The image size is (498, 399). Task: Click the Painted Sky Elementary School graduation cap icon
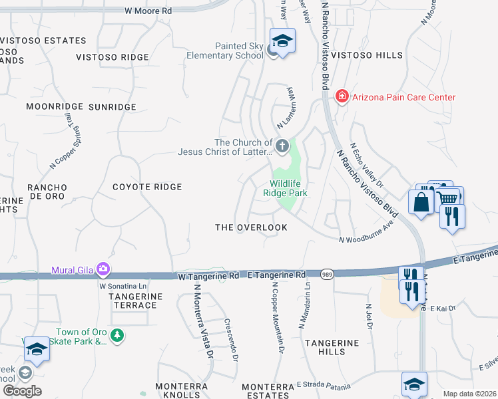(282, 41)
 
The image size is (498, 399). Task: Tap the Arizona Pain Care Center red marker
(342, 97)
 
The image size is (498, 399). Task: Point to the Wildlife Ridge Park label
(289, 188)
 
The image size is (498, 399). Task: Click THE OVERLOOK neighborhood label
(251, 227)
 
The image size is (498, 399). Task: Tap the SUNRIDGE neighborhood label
(112, 106)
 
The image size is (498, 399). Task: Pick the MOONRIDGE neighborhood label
(53, 106)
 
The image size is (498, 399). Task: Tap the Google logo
(22, 391)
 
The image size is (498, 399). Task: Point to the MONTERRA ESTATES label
(267, 391)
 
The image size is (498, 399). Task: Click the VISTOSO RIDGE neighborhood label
(112, 57)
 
